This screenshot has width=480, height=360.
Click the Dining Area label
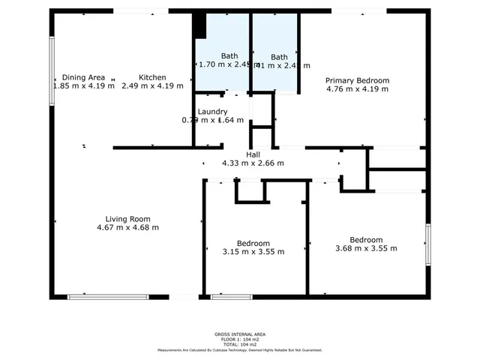[83, 77]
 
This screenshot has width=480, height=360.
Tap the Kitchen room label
[152, 77]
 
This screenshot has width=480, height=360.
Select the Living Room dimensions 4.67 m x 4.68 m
[128, 227]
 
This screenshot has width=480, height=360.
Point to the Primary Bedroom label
[357, 80]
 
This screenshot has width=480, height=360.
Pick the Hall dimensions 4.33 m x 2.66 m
[253, 163]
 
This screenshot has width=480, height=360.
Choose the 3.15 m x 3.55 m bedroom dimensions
[253, 251]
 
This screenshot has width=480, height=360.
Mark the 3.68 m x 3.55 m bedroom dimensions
[366, 248]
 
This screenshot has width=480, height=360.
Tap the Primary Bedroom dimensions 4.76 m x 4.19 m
[357, 89]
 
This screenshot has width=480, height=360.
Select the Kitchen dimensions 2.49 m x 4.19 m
[152, 85]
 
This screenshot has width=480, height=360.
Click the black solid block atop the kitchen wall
[199, 25]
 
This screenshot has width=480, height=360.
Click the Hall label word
[253, 154]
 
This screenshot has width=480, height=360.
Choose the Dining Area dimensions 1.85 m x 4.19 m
[83, 85]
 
